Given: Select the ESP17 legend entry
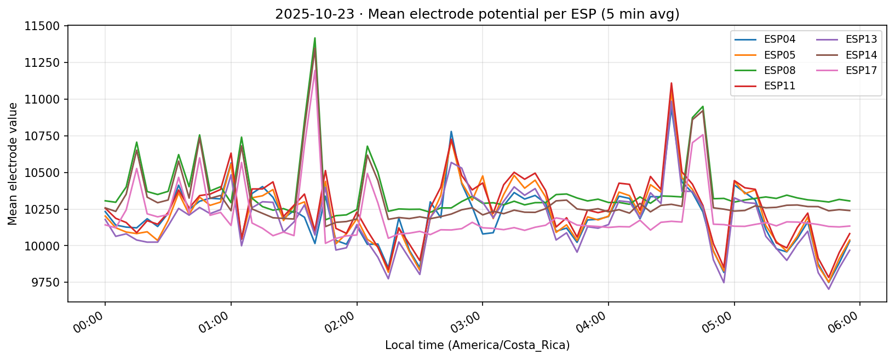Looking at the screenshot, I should (861, 70).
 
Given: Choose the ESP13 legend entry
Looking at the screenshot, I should (861, 39).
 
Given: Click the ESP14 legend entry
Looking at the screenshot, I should (861, 55).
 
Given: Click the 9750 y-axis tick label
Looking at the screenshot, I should (48, 283).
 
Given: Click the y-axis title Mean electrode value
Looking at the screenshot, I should (13, 163).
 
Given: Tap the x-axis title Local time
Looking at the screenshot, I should (477, 345).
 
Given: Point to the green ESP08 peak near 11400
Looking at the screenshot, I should (315, 38).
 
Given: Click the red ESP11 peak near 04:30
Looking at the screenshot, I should (671, 83).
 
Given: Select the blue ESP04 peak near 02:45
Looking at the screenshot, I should (451, 132).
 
